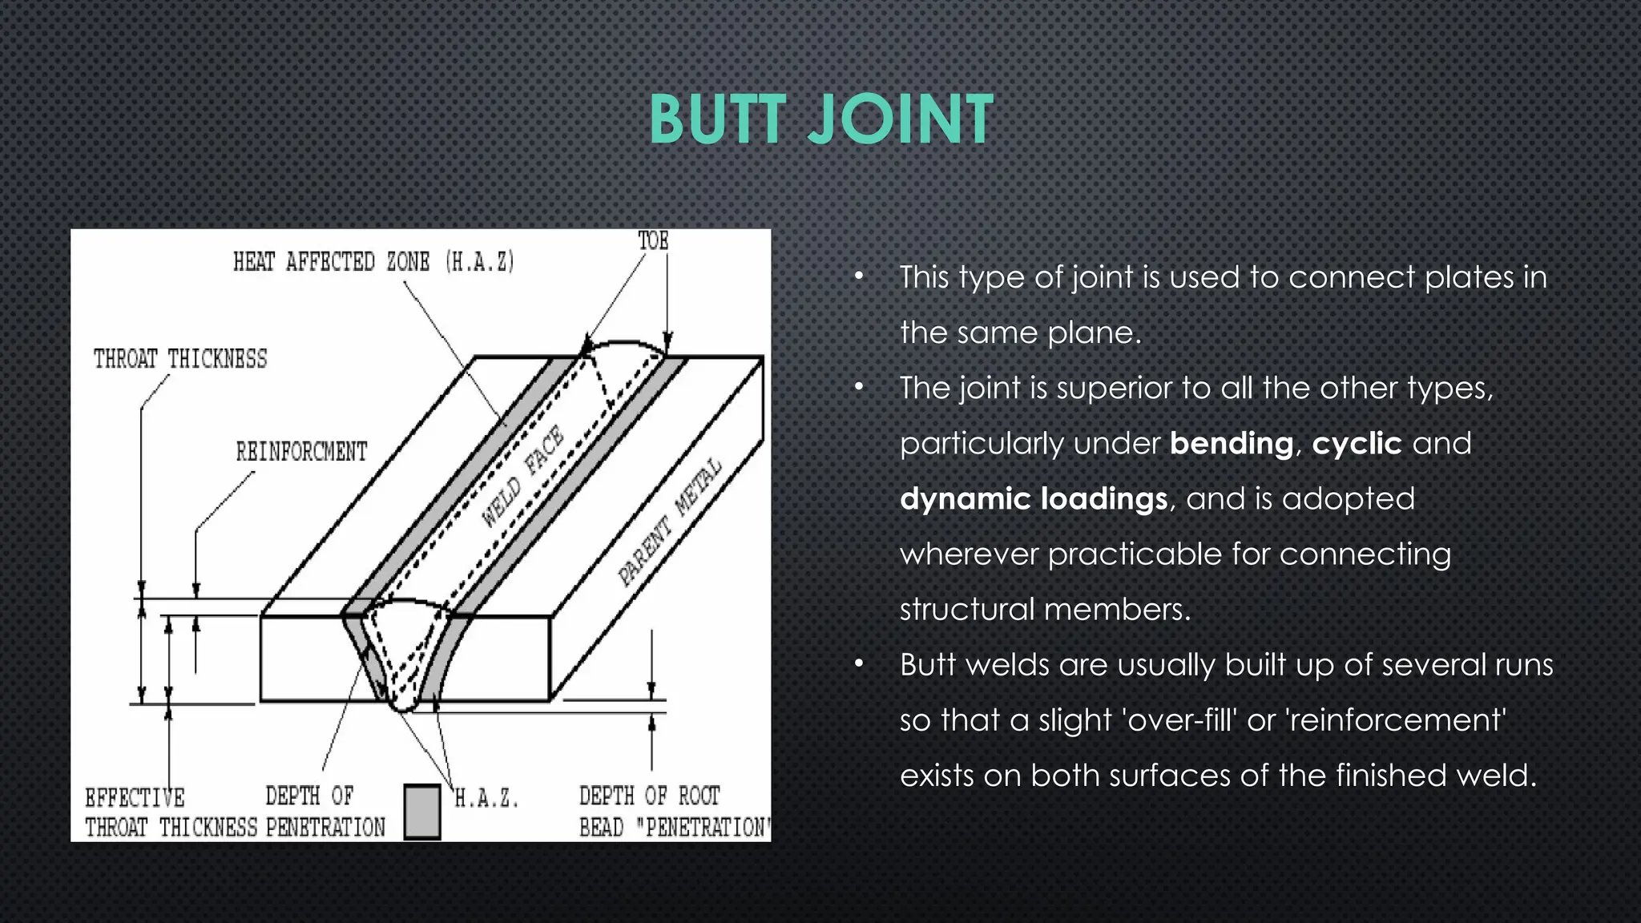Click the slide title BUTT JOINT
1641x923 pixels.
pyautogui.click(x=820, y=120)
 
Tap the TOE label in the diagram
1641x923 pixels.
pyautogui.click(x=652, y=240)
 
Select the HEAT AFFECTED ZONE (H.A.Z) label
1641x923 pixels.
pyautogui.click(x=373, y=262)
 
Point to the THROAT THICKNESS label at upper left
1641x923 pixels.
pyautogui.click(x=180, y=359)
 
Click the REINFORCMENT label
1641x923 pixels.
pyautogui.click(x=301, y=452)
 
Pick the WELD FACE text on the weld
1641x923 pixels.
pyautogui.click(x=523, y=477)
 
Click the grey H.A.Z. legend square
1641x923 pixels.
pyautogui.click(x=422, y=812)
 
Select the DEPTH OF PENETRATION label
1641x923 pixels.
pyautogui.click(x=325, y=812)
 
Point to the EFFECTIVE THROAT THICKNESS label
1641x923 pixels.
pyautogui.click(x=171, y=812)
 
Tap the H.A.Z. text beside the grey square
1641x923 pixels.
pyautogui.click(x=486, y=799)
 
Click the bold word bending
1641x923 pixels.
pyautogui.click(x=1231, y=444)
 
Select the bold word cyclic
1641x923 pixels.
pyautogui.click(x=1357, y=444)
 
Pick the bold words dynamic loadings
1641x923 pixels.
pyautogui.click(x=1034, y=499)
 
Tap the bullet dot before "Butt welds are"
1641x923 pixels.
pyautogui.click(x=859, y=664)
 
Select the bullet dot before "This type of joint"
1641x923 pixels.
pyautogui.click(x=859, y=277)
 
